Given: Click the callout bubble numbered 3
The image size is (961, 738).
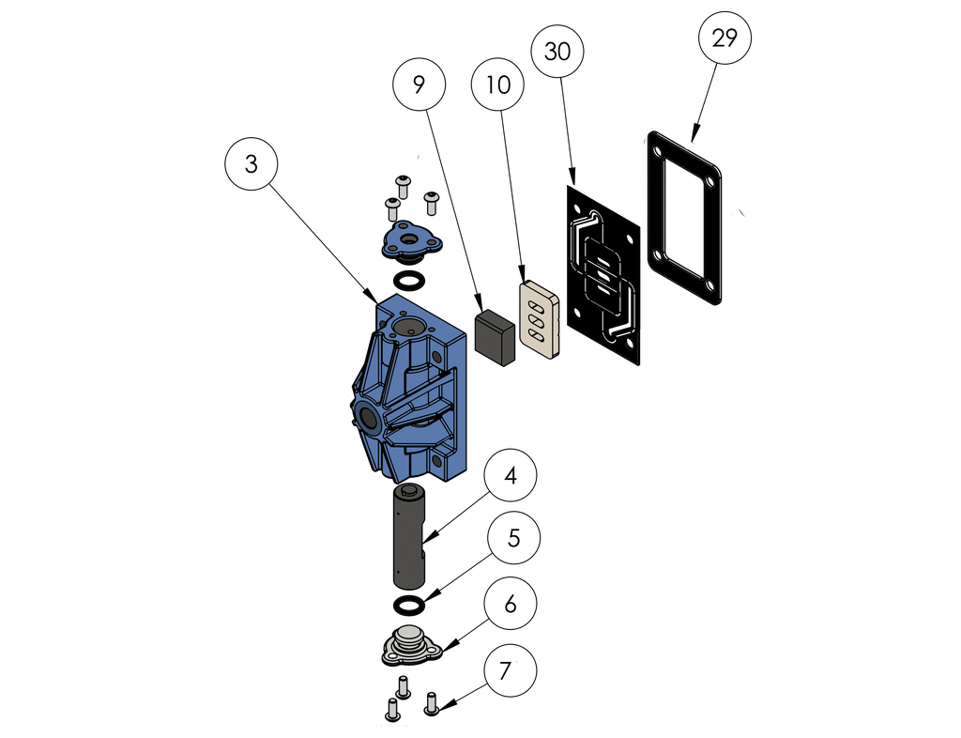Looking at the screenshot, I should point(251,163).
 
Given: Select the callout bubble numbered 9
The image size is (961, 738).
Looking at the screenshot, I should point(419,84).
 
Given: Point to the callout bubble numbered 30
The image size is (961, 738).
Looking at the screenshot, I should point(557,52).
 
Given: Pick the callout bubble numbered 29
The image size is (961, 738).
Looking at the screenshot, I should point(725,38).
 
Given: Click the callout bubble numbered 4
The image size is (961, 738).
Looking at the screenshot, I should point(510,476).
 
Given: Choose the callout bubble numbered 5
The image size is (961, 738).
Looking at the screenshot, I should point(512,539).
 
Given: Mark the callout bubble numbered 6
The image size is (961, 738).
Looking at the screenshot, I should point(510,605).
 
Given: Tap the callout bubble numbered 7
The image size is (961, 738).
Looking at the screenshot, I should point(506,670).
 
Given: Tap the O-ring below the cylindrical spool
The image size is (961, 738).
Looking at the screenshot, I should point(409,602).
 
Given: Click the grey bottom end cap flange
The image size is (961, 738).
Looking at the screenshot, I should point(409,648).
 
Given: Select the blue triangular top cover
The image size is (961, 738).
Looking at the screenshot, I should point(409,240).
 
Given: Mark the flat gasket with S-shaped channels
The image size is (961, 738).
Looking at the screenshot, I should point(603,272).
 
